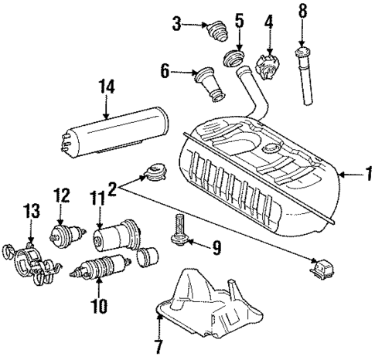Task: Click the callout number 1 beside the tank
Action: click(x=366, y=175)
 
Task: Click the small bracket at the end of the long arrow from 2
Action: click(x=322, y=270)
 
